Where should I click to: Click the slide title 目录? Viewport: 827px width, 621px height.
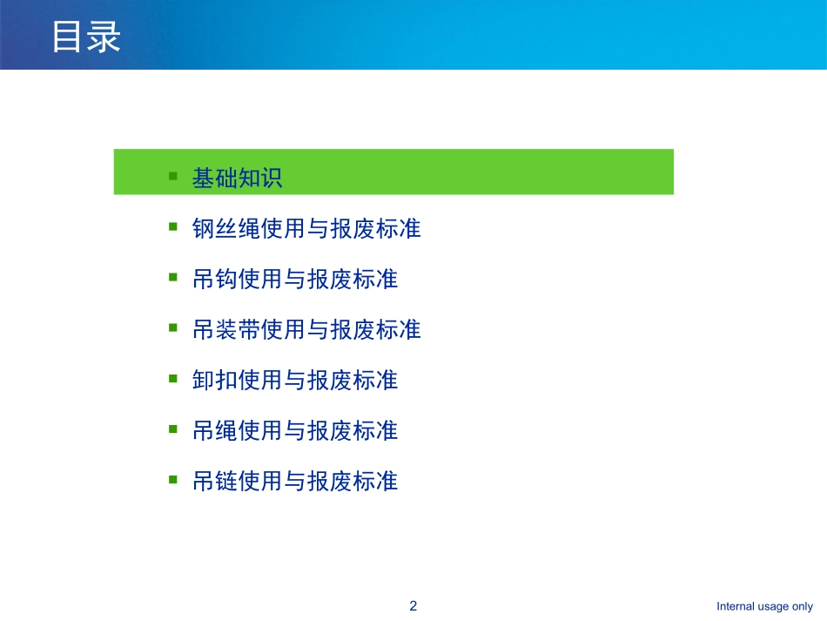(85, 37)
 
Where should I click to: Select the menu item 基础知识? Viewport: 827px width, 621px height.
(237, 178)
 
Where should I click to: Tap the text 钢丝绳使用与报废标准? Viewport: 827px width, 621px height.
(306, 229)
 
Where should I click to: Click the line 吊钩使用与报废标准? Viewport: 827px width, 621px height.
(295, 280)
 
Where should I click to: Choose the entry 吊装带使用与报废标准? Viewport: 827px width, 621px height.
(306, 330)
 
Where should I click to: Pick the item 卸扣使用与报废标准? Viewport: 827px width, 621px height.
(295, 381)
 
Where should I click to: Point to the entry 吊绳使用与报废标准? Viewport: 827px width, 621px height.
(295, 430)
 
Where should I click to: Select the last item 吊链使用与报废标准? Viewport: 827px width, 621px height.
(295, 481)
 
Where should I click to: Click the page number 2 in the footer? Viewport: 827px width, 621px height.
(413, 606)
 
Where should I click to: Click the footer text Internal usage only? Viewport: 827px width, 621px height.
(764, 607)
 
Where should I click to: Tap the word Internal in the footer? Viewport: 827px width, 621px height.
(736, 607)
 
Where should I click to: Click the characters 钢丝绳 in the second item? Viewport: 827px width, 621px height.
(226, 229)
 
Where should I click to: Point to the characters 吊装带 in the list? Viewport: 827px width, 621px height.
(226, 330)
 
